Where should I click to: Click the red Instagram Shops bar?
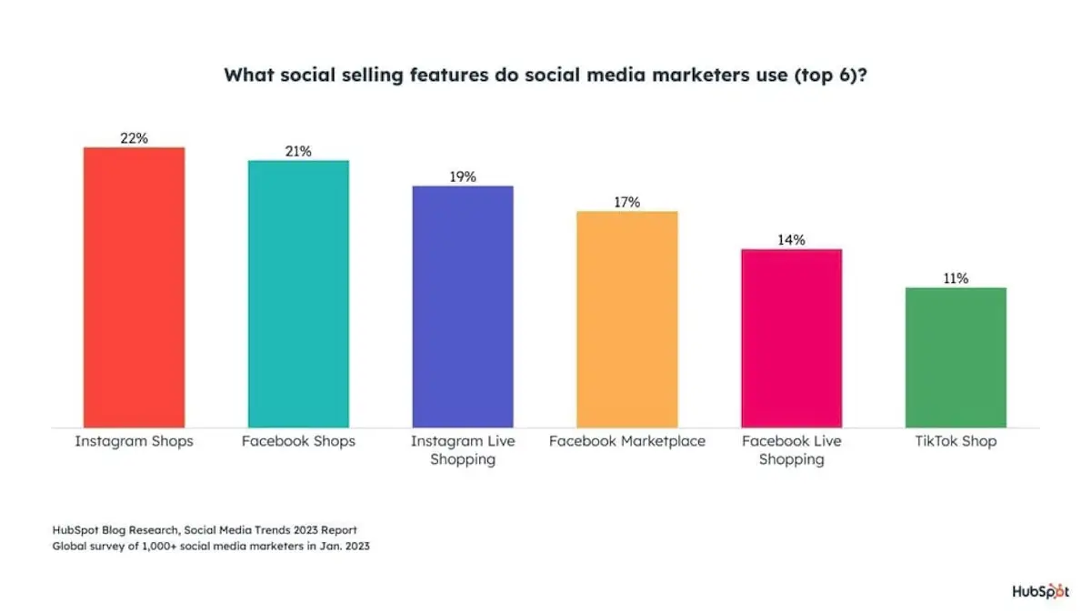pyautogui.click(x=134, y=286)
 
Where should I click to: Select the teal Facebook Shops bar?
pyautogui.click(x=298, y=293)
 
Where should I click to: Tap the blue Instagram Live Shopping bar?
pyautogui.click(x=463, y=306)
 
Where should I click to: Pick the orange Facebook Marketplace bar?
pyautogui.click(x=627, y=319)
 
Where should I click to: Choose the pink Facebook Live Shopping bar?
pyautogui.click(x=792, y=337)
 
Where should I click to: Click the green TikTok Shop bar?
pyautogui.click(x=956, y=357)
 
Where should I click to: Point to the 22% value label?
pyautogui.click(x=134, y=138)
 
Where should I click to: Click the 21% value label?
pyautogui.click(x=298, y=151)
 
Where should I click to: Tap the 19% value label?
pyautogui.click(x=463, y=176)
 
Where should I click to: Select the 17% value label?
pyautogui.click(x=627, y=202)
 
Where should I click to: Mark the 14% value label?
pyautogui.click(x=792, y=240)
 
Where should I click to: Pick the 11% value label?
pyautogui.click(x=956, y=278)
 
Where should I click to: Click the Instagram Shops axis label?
pyautogui.click(x=134, y=441)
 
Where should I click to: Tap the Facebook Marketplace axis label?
pyautogui.click(x=627, y=441)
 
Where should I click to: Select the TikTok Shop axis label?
pyautogui.click(x=956, y=441)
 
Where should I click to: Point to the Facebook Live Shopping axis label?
pyautogui.click(x=792, y=450)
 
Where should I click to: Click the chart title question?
pyautogui.click(x=545, y=75)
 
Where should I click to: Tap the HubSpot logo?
pyautogui.click(x=1040, y=591)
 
